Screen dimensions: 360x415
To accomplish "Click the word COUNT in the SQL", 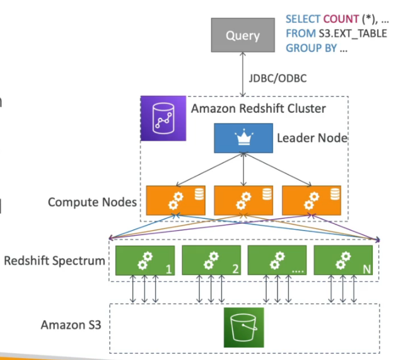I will [340, 20].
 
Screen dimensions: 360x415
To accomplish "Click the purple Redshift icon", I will [161, 118].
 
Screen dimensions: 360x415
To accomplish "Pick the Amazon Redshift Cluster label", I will [259, 108].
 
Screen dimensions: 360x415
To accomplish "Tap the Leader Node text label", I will [312, 137].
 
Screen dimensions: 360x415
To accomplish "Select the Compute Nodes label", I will [92, 202].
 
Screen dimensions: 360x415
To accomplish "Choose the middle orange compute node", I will [242, 200].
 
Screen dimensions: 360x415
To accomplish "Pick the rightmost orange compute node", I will [311, 200].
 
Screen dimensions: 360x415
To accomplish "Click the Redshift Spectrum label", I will [54, 260].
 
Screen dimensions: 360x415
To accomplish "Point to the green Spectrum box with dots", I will [278, 261].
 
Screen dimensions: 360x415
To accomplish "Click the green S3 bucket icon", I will [243, 328].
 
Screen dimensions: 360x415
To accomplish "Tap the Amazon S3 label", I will [71, 325].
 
